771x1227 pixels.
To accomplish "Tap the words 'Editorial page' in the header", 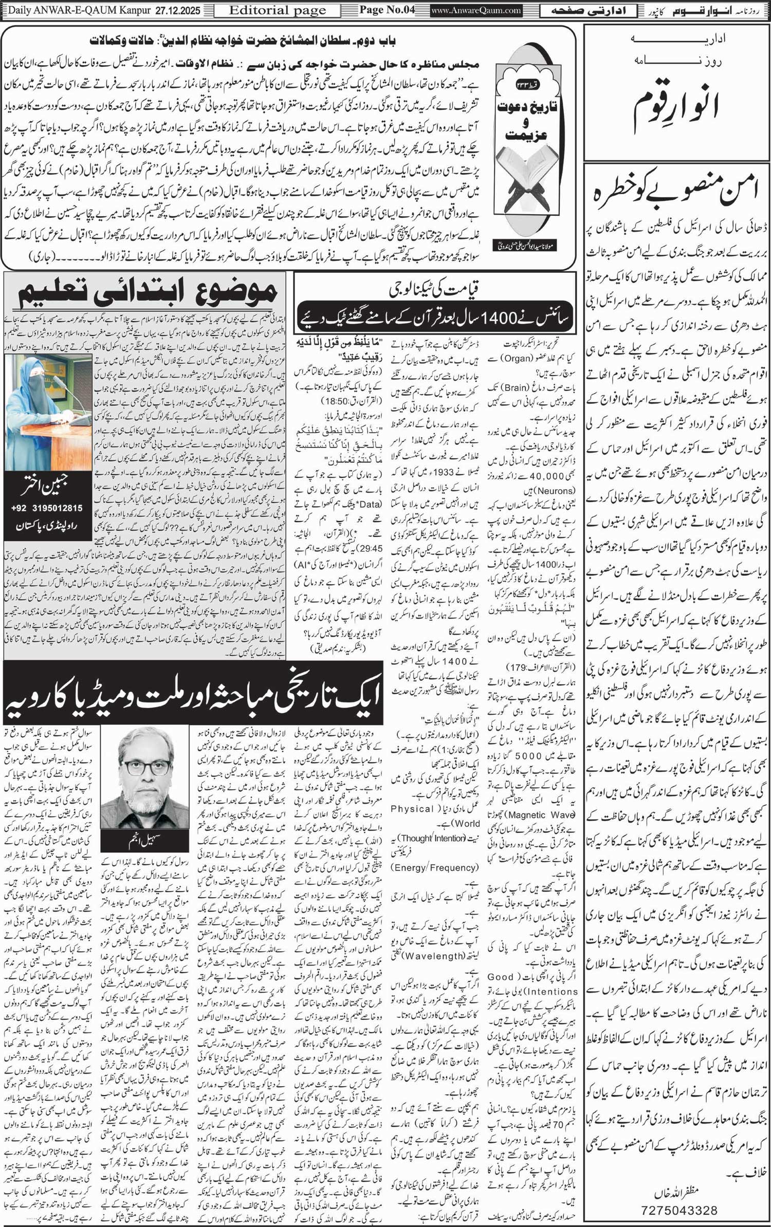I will (x=278, y=10).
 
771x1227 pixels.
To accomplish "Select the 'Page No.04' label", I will (x=387, y=10).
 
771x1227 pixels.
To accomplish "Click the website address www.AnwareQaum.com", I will (x=476, y=10).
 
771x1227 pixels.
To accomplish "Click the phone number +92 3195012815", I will (x=47, y=508).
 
